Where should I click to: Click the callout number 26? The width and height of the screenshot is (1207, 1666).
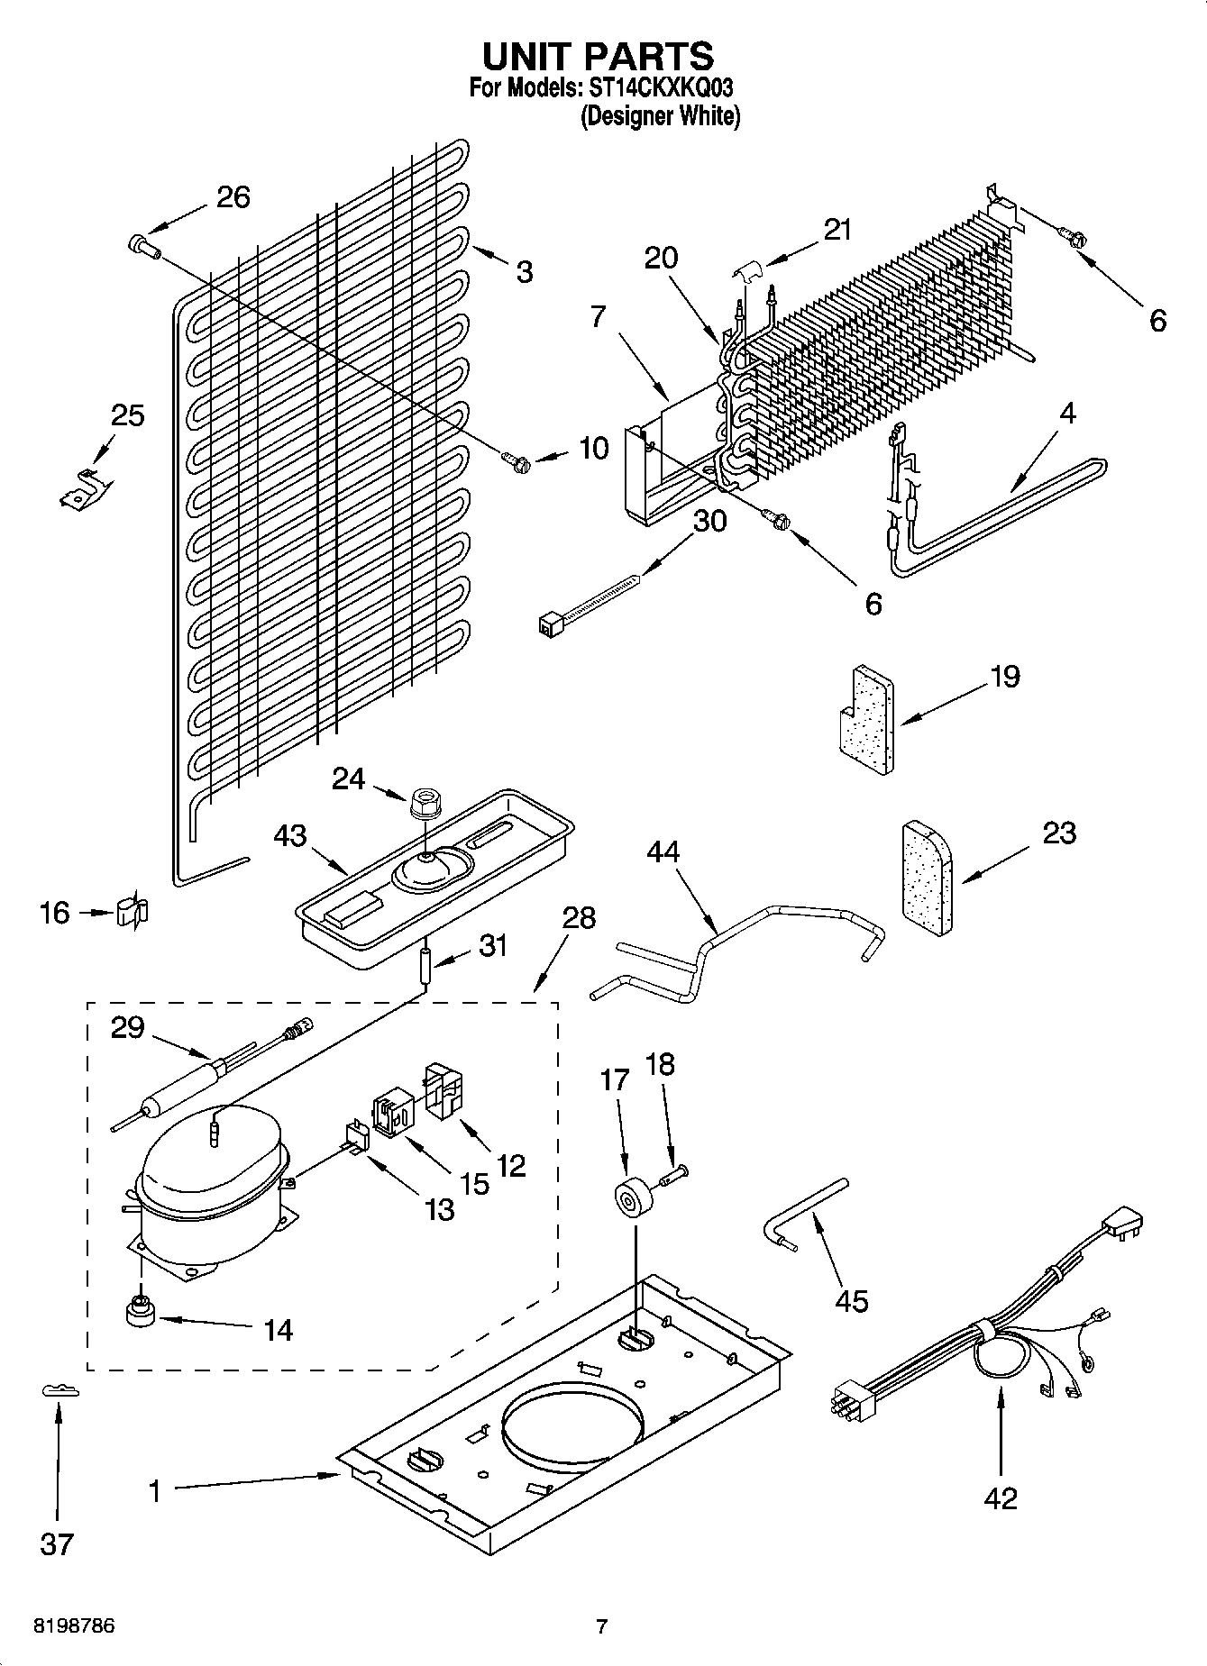(x=233, y=196)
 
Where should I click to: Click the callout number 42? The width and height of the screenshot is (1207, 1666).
(x=1001, y=1498)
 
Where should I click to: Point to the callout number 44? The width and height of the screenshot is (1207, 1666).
(x=663, y=851)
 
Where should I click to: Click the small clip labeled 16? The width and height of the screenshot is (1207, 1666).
(x=132, y=913)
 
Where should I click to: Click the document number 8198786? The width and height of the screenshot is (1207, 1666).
(x=74, y=1626)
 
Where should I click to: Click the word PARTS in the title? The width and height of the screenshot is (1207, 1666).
(x=649, y=57)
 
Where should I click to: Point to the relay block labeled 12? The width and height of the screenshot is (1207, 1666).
(x=442, y=1091)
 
